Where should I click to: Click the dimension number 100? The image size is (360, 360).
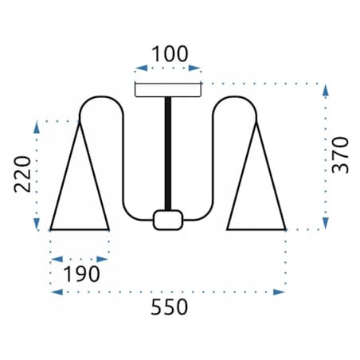(170, 54)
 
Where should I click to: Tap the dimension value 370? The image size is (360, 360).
(340, 155)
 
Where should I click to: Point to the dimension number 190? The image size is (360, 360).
(82, 274)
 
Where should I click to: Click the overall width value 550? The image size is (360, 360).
(170, 307)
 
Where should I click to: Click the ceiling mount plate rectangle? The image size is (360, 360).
(168, 90)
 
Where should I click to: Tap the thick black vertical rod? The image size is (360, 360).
(168, 154)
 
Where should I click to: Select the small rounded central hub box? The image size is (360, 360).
(168, 220)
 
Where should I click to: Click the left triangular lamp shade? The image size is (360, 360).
(80, 229)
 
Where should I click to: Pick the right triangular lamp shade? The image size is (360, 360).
(256, 229)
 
